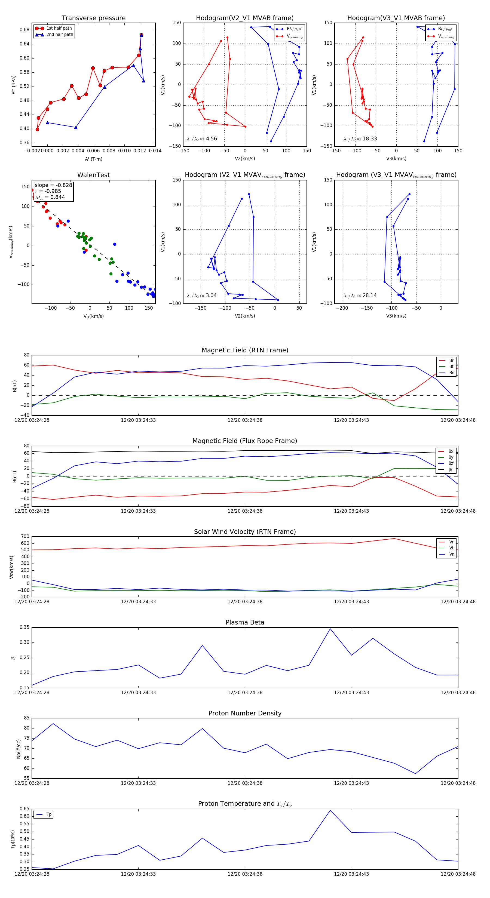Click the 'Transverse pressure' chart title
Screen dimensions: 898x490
(93, 18)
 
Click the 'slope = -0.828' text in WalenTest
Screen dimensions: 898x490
(53, 185)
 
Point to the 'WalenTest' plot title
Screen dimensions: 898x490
(93, 175)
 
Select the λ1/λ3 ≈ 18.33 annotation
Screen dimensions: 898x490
(360, 139)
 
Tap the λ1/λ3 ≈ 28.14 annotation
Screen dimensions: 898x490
(360, 296)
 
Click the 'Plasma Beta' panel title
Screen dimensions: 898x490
(245, 622)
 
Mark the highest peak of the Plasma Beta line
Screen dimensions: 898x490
(330, 629)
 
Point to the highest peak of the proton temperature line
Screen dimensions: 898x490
(330, 810)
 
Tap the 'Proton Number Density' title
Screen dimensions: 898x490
(245, 713)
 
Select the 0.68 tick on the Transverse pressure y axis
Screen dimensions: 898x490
(24, 30)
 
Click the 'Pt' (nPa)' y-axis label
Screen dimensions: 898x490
(13, 85)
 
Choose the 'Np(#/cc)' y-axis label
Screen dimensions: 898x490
(19, 749)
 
